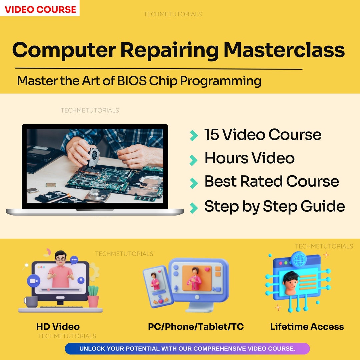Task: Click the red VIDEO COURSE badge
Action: pyautogui.click(x=40, y=9)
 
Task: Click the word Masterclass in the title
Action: pyautogui.click(x=284, y=50)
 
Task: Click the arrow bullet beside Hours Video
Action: pyautogui.click(x=193, y=160)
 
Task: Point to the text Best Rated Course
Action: pyautogui.click(x=271, y=181)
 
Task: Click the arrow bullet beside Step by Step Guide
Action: pyautogui.click(x=193, y=208)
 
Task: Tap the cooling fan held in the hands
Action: pyautogui.click(x=93, y=156)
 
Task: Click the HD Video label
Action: pyautogui.click(x=58, y=327)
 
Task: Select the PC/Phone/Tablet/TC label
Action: pyautogui.click(x=196, y=327)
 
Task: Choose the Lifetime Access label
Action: pyautogui.click(x=307, y=327)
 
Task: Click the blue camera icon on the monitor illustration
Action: pyautogui.click(x=33, y=281)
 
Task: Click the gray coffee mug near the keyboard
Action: pyautogui.click(x=31, y=302)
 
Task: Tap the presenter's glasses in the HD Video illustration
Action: pyautogui.click(x=60, y=258)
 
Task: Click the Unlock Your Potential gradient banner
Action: pyautogui.click(x=187, y=349)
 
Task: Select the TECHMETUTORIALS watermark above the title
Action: pyautogui.click(x=172, y=14)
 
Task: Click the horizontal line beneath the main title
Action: pyautogui.click(x=159, y=69)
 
